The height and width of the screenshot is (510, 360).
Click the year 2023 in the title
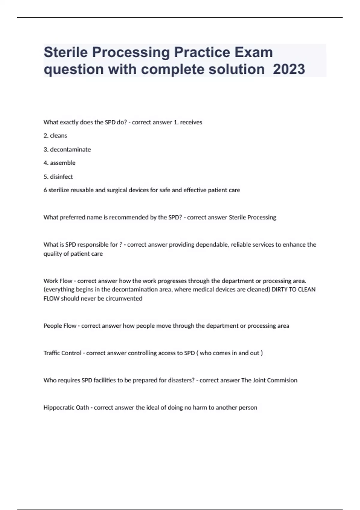click(289, 69)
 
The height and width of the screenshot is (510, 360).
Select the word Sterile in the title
click(66, 52)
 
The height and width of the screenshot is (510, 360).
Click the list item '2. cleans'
click(55, 136)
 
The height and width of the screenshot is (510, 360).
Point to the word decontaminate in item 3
click(70, 149)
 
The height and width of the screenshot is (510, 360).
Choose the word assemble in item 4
click(63, 163)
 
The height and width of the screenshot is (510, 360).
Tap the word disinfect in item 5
click(61, 177)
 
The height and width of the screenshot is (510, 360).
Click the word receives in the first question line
click(191, 122)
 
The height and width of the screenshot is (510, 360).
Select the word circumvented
click(124, 298)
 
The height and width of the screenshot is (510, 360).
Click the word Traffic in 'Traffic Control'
click(53, 353)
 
